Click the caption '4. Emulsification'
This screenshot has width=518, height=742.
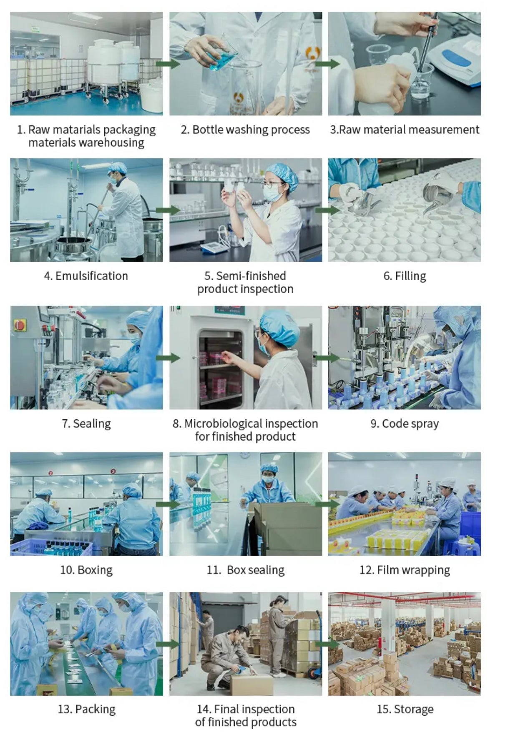coord(86,276)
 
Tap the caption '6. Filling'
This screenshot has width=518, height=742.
coord(405,276)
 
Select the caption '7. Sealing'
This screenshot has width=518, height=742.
coord(86,424)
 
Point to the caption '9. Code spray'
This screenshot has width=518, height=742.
coord(405,424)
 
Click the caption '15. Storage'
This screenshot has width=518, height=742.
coord(405,709)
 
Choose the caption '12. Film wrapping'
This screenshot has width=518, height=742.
coord(405,570)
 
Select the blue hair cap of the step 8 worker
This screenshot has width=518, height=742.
coord(279,326)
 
